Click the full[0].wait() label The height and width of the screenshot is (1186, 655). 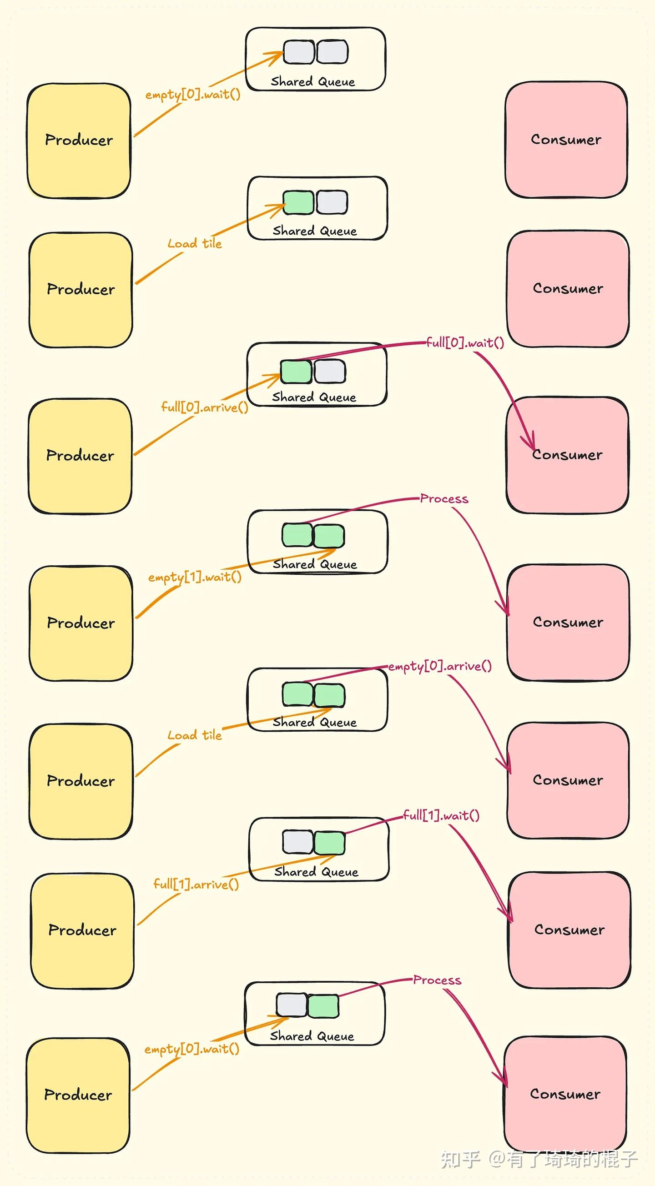click(x=465, y=342)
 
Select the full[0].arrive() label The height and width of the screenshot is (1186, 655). click(x=205, y=407)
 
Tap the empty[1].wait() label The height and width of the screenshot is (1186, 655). click(x=195, y=577)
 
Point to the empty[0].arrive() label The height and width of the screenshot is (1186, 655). click(x=440, y=666)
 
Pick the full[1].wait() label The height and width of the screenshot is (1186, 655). click(x=441, y=815)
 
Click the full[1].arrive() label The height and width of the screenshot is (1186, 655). click(x=196, y=884)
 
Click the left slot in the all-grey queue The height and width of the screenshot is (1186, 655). click(x=298, y=51)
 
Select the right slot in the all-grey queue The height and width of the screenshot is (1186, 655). click(x=332, y=51)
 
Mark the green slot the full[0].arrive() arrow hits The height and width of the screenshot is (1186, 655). click(x=296, y=372)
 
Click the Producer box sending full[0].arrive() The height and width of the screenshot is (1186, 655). click(x=80, y=456)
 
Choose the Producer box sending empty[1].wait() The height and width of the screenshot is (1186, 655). click(x=81, y=623)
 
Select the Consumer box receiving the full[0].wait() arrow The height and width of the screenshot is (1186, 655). click(x=568, y=454)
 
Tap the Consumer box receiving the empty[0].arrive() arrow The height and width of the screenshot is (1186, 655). click(x=568, y=780)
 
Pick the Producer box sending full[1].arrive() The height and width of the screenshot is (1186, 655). click(x=82, y=930)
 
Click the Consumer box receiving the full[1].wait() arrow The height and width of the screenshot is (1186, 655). click(x=570, y=930)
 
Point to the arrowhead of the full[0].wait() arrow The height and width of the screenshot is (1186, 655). click(x=533, y=448)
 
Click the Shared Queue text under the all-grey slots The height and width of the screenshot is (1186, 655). click(x=313, y=81)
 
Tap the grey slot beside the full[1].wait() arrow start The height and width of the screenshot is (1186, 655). click(x=298, y=842)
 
